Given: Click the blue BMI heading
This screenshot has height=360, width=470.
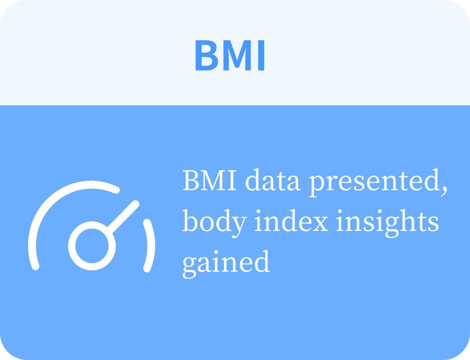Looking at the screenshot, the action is (x=230, y=56).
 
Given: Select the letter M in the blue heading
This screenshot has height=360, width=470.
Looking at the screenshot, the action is (x=237, y=56).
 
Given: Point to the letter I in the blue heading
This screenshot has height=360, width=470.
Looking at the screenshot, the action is (x=261, y=56).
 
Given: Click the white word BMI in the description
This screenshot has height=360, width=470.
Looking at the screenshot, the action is (x=210, y=180).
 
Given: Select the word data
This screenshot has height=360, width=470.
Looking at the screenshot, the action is (x=273, y=180).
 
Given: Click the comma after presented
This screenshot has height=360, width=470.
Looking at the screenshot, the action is (x=444, y=191).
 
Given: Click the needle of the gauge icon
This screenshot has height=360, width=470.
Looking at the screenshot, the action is (x=123, y=217).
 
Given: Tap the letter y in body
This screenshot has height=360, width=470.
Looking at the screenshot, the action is (x=238, y=227).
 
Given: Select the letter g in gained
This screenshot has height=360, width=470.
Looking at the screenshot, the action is (x=190, y=268).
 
